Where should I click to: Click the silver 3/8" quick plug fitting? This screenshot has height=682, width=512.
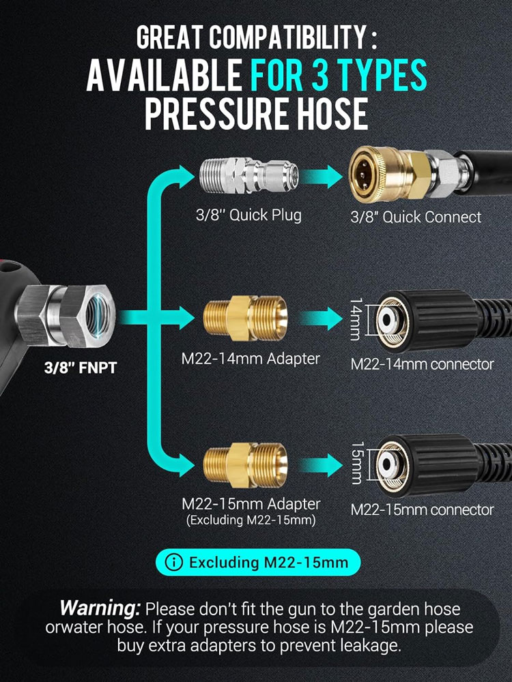pyautogui.click(x=248, y=176)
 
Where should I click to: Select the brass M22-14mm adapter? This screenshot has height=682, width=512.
pyautogui.click(x=245, y=318)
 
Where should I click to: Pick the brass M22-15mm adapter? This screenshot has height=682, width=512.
pyautogui.click(x=245, y=465)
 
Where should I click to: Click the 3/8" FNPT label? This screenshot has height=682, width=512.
pyautogui.click(x=81, y=368)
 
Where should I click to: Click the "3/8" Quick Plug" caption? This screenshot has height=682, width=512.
pyautogui.click(x=248, y=215)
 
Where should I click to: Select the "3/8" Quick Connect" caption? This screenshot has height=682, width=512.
pyautogui.click(x=416, y=217)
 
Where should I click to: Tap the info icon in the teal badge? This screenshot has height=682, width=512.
pyautogui.click(x=173, y=562)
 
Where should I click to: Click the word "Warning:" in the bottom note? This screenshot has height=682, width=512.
pyautogui.click(x=100, y=608)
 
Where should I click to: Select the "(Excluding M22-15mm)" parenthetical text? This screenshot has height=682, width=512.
pyautogui.click(x=251, y=520)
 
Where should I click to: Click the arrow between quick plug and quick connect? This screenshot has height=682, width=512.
pyautogui.click(x=321, y=176)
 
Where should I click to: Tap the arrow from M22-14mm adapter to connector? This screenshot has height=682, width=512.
pyautogui.click(x=321, y=318)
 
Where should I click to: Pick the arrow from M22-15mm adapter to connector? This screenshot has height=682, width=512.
pyautogui.click(x=321, y=465)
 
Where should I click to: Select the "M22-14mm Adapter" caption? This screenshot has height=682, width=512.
pyautogui.click(x=251, y=359)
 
